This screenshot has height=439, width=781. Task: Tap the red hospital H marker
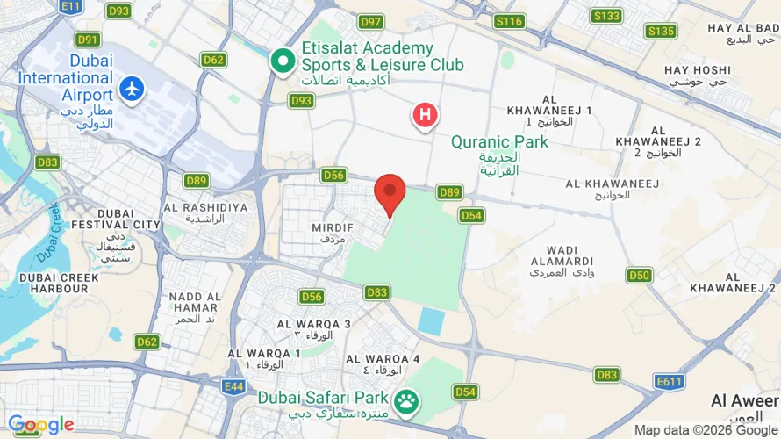tap(426, 115)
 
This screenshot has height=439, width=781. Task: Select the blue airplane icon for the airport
tap(133, 89)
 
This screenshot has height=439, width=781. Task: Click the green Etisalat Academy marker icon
tap(283, 61)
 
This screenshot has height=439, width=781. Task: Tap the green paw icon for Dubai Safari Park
tap(405, 402)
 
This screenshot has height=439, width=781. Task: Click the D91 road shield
tap(88, 40)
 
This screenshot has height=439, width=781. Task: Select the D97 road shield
tap(371, 22)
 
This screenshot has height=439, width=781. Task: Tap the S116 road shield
tap(509, 21)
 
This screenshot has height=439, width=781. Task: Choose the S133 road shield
tap(606, 16)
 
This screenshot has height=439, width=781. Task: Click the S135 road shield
tap(661, 32)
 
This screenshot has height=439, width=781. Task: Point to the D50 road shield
tap(639, 276)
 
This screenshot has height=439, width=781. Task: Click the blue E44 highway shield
tap(233, 386)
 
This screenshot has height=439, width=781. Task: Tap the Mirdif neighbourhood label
tap(333, 233)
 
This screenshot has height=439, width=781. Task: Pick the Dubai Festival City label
tap(117, 224)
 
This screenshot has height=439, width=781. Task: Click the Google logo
tap(41, 426)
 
